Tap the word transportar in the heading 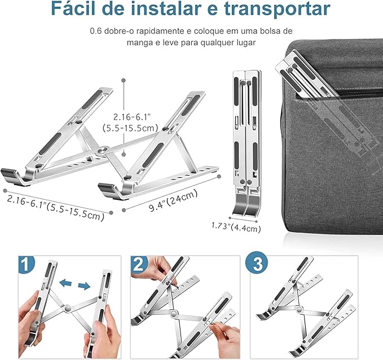[x=277, y=9]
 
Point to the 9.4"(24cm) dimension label [x=173, y=201]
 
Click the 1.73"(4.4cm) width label [x=236, y=227]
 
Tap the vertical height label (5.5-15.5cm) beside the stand [x=130, y=128]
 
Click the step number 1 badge [x=26, y=264]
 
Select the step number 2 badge [x=139, y=264]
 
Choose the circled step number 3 [x=257, y=264]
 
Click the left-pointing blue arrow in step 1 [x=65, y=283]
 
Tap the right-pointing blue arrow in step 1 [x=84, y=286]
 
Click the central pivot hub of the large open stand [x=103, y=150]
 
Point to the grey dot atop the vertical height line [x=124, y=80]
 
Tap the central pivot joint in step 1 [x=68, y=308]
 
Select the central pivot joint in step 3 [x=299, y=309]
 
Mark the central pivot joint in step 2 [x=174, y=313]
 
